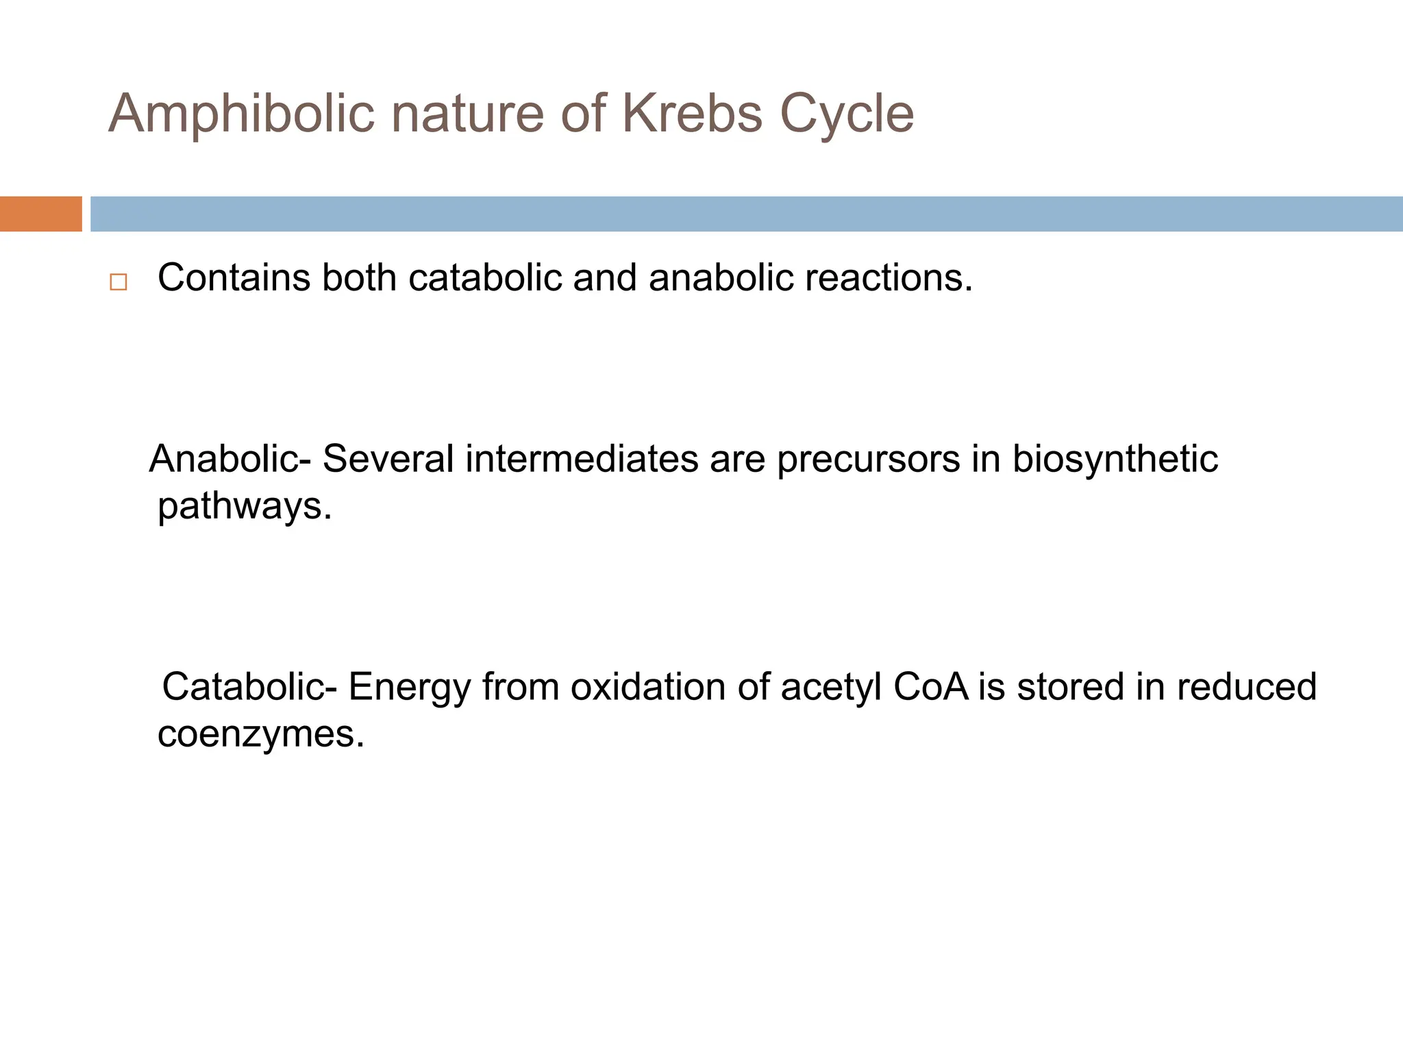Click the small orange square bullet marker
pyautogui.click(x=118, y=282)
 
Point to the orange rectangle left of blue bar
pyautogui.click(x=40, y=214)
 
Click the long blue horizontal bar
pyautogui.click(x=745, y=214)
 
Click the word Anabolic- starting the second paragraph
pyautogui.click(x=230, y=459)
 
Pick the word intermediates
pyautogui.click(x=582, y=459)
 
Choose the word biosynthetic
pyautogui.click(x=1115, y=459)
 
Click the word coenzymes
pyautogui.click(x=260, y=734)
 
